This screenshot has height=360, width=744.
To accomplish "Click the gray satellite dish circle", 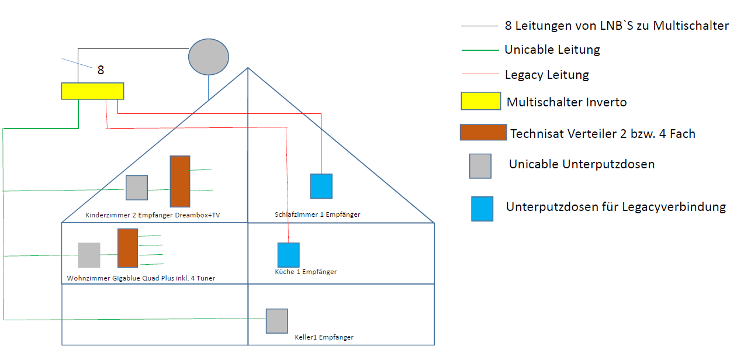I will pyautogui.click(x=209, y=57).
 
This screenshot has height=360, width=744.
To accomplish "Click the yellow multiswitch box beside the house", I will pyautogui.click(x=92, y=91).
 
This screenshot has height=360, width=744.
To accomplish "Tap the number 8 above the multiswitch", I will pyautogui.click(x=101, y=70).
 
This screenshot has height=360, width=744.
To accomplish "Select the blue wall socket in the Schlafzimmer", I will pyautogui.click(x=321, y=186).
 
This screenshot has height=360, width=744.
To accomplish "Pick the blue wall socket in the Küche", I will pyautogui.click(x=288, y=255).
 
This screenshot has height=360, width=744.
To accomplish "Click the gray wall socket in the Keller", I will pyautogui.click(x=276, y=321).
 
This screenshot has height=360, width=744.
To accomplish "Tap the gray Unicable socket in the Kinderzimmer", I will pyautogui.click(x=137, y=188).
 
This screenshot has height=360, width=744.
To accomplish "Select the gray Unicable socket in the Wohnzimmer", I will pyautogui.click(x=89, y=255).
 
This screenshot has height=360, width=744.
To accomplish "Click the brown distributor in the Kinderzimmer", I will pyautogui.click(x=180, y=181).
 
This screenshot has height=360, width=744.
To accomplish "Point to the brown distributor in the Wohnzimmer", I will pyautogui.click(x=127, y=248).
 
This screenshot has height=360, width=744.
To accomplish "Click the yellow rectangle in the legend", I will pyautogui.click(x=480, y=101).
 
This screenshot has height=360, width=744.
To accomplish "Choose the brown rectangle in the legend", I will pyautogui.click(x=483, y=133).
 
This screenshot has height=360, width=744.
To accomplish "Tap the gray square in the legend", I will pyautogui.click(x=480, y=165).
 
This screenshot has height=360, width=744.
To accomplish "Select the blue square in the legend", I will pyautogui.click(x=482, y=209).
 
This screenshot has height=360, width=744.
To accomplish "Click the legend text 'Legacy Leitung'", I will pyautogui.click(x=546, y=75).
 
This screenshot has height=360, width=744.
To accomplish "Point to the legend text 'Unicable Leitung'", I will pyautogui.click(x=552, y=50).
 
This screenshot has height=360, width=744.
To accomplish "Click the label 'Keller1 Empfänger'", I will pyautogui.click(x=324, y=337).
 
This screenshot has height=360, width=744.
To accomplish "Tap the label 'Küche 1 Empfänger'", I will pyautogui.click(x=306, y=272).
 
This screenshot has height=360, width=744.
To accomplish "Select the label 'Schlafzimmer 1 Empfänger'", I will pyautogui.click(x=317, y=214).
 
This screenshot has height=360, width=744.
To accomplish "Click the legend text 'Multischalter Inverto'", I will pyautogui.click(x=566, y=102).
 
